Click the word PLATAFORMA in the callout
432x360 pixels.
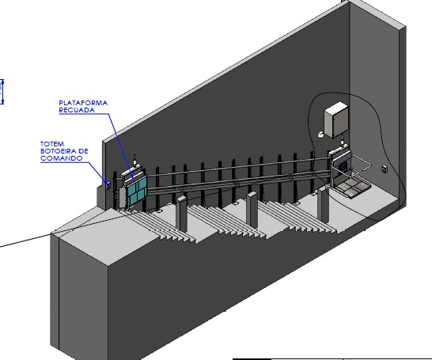(83, 103)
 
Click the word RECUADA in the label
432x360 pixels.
(77, 110)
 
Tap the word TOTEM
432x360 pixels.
(52, 144)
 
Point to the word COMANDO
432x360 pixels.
(61, 158)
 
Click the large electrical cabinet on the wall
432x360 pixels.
(336, 119)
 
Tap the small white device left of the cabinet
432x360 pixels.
(320, 135)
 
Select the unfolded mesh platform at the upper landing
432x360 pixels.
(354, 188)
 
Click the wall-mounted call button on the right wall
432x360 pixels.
(385, 169)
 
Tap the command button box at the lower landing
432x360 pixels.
(108, 184)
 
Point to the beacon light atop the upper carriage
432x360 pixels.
(343, 142)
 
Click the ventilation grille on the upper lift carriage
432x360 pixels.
(342, 166)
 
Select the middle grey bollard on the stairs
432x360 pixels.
(252, 210)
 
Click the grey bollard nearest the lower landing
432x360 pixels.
(182, 214)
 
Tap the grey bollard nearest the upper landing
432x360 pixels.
(323, 204)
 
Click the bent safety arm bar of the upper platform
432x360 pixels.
(362, 164)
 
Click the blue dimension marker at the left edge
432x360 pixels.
(2, 92)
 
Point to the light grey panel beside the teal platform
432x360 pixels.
(122, 197)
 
